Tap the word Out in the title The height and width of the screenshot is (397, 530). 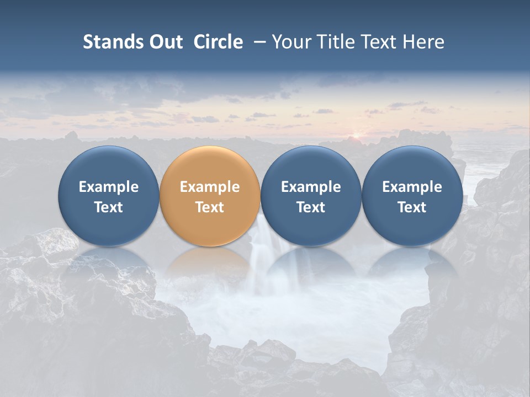coord(165,42)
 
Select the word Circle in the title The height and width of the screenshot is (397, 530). coord(218,42)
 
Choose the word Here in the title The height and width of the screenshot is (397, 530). coord(423,42)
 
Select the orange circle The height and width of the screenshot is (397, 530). coord(210,165)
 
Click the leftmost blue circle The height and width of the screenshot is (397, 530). coord(109,165)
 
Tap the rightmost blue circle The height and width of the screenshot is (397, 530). coord(412,165)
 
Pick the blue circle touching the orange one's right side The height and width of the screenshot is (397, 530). coord(311,165)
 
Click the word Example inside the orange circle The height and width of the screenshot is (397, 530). coord(210,187)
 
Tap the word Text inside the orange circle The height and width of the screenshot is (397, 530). coord(210,207)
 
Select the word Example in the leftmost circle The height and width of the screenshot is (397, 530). coord(109,187)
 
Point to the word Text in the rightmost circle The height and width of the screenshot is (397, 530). coord(412,207)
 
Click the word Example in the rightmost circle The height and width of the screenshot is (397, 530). coord(412,187)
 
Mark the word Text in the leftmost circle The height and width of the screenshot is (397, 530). coord(109,207)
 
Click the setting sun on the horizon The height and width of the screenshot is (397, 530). coord(356,135)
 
